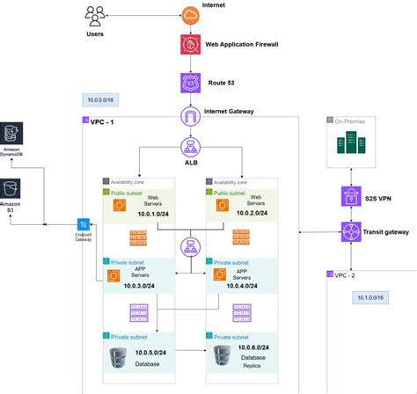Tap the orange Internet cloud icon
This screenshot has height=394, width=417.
click(x=190, y=13)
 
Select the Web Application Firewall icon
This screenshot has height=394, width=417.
click(x=190, y=44)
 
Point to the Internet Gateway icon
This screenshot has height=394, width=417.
click(x=190, y=116)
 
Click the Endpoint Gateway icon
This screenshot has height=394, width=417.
click(x=84, y=226)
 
